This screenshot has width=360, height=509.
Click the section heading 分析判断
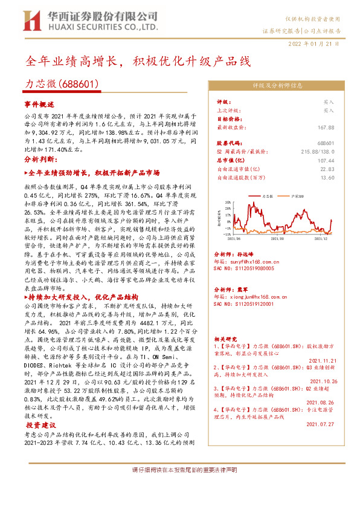coord(40,159)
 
